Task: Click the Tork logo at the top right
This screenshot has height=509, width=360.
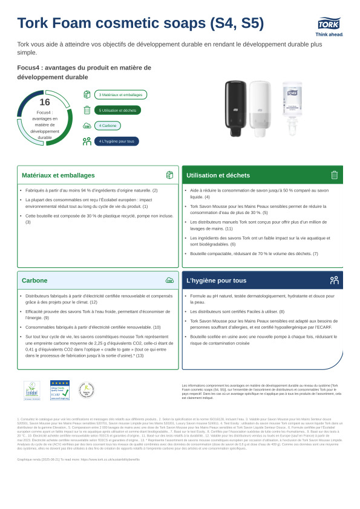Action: [x=328, y=24]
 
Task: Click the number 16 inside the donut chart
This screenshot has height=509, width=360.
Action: [x=45, y=102]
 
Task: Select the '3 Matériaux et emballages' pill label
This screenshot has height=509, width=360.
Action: [x=120, y=95]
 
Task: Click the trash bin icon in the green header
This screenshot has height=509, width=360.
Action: [x=334, y=175]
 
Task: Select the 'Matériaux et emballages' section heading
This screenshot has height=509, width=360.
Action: [x=58, y=175]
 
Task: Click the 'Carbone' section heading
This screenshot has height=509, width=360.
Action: [x=34, y=280]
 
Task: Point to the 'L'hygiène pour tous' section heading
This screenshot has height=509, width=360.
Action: [x=217, y=280]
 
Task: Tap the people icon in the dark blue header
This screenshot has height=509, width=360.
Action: [x=334, y=280]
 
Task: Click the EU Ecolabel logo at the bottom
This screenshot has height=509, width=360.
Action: [x=32, y=391]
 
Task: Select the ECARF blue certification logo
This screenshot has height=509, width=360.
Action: [x=59, y=391]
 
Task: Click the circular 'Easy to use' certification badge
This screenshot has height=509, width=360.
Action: [x=87, y=391]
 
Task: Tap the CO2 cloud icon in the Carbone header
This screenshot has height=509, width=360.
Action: [x=169, y=280]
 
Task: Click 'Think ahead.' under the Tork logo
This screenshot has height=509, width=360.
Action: [x=329, y=34]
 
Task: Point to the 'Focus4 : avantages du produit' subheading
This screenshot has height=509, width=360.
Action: [x=84, y=72]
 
